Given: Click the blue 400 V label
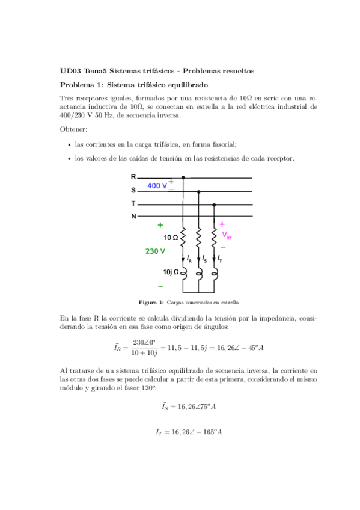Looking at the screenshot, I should [x=157, y=186].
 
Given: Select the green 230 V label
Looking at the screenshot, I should [x=155, y=251].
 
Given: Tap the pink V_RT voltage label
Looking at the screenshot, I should [x=227, y=236].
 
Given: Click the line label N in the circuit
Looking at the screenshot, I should [x=133, y=216].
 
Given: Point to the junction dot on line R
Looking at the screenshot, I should [x=183, y=178].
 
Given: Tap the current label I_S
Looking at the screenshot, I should [x=205, y=259].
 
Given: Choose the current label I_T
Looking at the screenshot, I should [x=221, y=259].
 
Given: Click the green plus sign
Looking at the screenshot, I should [x=160, y=225].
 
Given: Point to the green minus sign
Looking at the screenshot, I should [x=160, y=286].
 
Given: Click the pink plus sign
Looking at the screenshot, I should [x=222, y=224].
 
